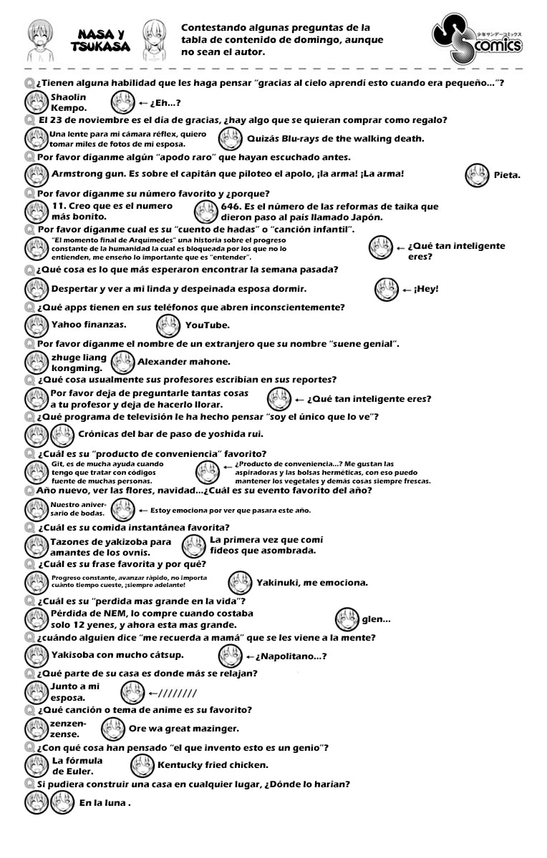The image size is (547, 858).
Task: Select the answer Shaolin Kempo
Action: coord(69,102)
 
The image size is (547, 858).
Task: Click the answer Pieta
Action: coord(507,174)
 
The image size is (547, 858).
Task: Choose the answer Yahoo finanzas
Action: coord(89,324)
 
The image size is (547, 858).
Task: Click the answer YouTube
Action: coord(207,325)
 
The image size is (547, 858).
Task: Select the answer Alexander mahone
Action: coord(183,362)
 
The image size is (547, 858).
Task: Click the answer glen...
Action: coord(375,619)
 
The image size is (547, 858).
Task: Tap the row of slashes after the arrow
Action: coord(172,694)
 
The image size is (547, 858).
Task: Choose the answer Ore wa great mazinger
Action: coord(183,729)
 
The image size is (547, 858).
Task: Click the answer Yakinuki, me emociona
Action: coord(311,582)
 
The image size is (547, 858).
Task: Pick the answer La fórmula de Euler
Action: coord(77,765)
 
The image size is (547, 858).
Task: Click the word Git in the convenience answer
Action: coord(57,463)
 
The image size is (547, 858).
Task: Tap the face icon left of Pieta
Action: coord(477,175)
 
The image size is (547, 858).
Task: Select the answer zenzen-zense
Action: coord(68,729)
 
